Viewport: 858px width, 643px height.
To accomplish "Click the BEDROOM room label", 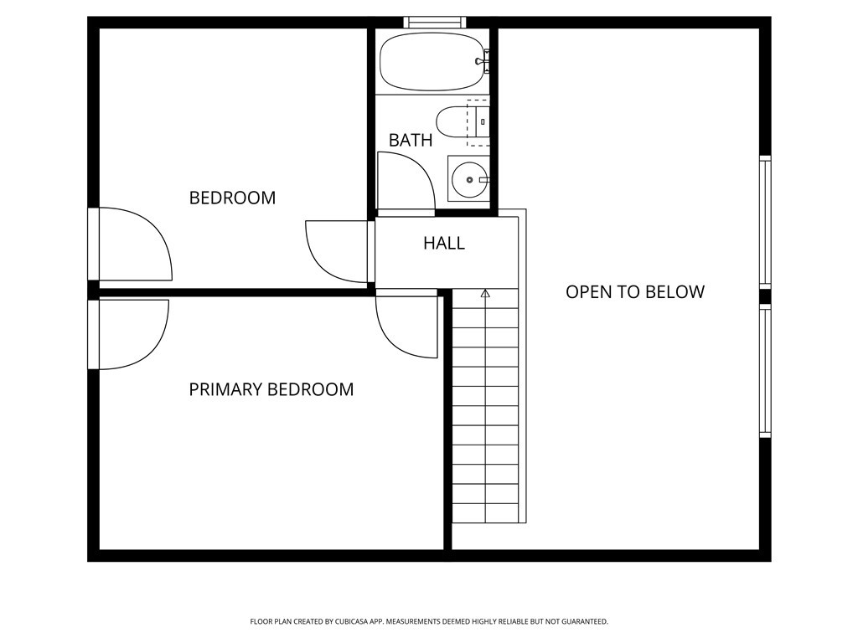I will pyautogui.click(x=232, y=198).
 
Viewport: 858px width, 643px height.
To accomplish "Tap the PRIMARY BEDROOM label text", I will pyautogui.click(x=271, y=389).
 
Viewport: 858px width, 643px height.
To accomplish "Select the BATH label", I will pyautogui.click(x=411, y=141).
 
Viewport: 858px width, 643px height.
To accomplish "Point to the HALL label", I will pyautogui.click(x=443, y=244).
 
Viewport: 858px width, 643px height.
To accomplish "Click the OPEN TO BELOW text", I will pyautogui.click(x=634, y=292).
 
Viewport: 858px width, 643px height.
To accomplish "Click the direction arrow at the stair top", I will pyautogui.click(x=485, y=294).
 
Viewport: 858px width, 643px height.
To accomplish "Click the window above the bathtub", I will pyautogui.click(x=433, y=22).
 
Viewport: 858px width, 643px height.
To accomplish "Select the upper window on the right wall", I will pyautogui.click(x=764, y=222).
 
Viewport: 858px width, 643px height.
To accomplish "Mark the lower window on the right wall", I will pyautogui.click(x=764, y=371).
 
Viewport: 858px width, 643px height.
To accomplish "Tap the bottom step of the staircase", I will pyautogui.click(x=485, y=513).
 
